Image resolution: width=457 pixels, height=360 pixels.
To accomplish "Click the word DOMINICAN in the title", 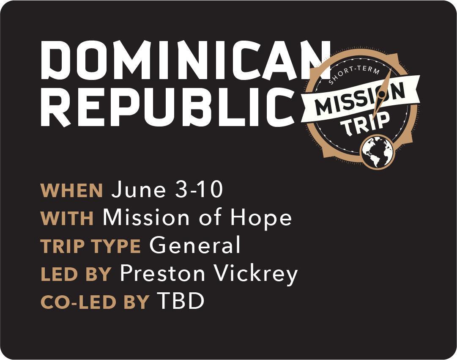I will [x=186, y=60].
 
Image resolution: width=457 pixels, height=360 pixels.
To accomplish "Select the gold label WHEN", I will [x=72, y=191].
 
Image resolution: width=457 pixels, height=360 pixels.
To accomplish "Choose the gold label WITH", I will [x=67, y=219].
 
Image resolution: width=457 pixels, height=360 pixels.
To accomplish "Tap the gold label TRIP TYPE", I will [x=91, y=247].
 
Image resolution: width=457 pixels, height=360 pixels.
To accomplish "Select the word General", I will [x=195, y=246].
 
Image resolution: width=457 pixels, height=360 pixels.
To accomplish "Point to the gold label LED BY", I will [x=76, y=275].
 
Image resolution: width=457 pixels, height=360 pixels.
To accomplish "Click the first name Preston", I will [x=163, y=274].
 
